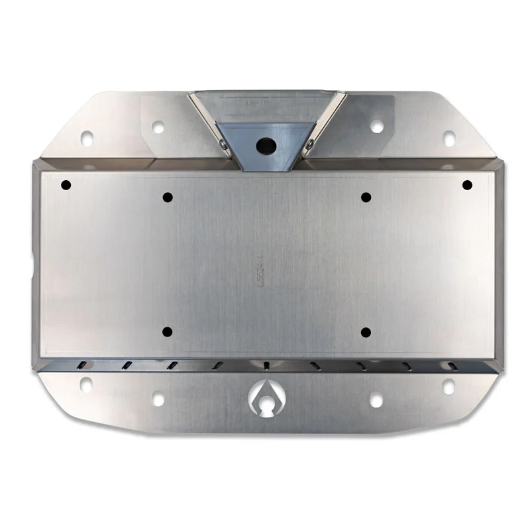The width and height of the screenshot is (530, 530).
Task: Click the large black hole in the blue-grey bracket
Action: (x=266, y=143)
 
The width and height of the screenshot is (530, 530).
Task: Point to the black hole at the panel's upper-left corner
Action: (x=66, y=185)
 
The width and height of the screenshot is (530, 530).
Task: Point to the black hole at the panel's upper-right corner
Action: (x=467, y=184)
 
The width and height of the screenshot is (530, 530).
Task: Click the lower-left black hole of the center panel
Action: (x=167, y=331)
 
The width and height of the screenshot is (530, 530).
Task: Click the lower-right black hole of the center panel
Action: (x=366, y=331)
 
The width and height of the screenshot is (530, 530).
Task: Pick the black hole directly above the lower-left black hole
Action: (x=167, y=197)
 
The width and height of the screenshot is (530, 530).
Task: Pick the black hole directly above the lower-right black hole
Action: (x=366, y=197)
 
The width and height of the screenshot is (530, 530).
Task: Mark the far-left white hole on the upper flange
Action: (x=87, y=138)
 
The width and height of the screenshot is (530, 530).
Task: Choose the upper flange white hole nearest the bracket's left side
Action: (x=158, y=126)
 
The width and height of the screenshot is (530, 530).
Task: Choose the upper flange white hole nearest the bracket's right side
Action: (x=376, y=126)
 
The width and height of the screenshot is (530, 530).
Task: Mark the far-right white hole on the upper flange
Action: (x=449, y=138)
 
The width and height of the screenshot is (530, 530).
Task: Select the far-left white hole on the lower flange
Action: (x=86, y=384)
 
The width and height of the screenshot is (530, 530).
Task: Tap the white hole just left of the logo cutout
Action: (x=158, y=399)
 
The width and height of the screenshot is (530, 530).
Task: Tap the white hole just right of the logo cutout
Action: (x=376, y=399)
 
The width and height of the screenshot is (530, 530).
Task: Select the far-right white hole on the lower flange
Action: (x=449, y=386)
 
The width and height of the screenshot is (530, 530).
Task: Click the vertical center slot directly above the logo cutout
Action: (x=266, y=366)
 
